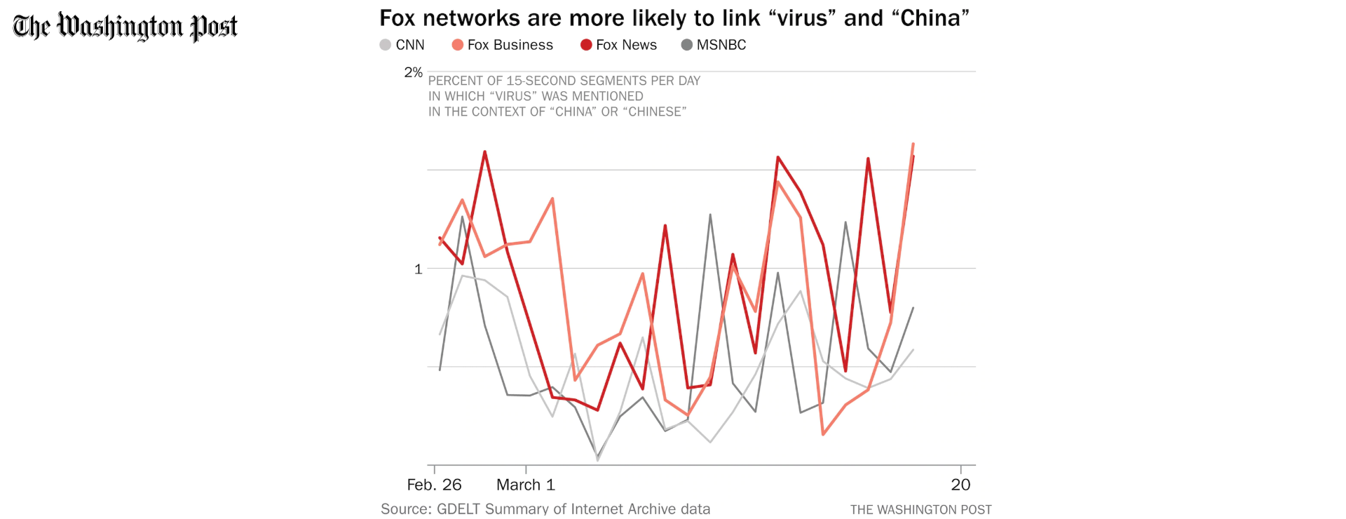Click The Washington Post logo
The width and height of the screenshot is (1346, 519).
(125, 27)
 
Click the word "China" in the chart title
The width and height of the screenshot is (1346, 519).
(930, 18)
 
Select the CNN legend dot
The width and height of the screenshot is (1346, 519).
(385, 45)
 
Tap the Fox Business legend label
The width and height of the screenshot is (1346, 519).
(510, 45)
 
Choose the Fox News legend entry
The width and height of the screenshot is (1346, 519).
(619, 45)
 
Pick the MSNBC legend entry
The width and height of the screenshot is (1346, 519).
(714, 45)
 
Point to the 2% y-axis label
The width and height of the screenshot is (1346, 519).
(414, 72)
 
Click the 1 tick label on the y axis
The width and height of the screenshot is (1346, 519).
(419, 269)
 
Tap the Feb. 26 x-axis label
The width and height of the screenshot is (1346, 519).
(435, 485)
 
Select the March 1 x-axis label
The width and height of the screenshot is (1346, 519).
(526, 485)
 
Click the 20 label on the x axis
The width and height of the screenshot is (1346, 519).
(960, 485)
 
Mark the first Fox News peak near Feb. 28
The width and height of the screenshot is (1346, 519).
(484, 151)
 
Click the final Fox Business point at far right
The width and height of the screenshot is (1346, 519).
(913, 144)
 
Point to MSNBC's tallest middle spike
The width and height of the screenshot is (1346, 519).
(710, 215)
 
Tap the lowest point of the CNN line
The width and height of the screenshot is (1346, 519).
(597, 460)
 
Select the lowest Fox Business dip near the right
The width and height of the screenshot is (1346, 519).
(823, 435)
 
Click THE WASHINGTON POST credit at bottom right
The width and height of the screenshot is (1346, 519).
(921, 510)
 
